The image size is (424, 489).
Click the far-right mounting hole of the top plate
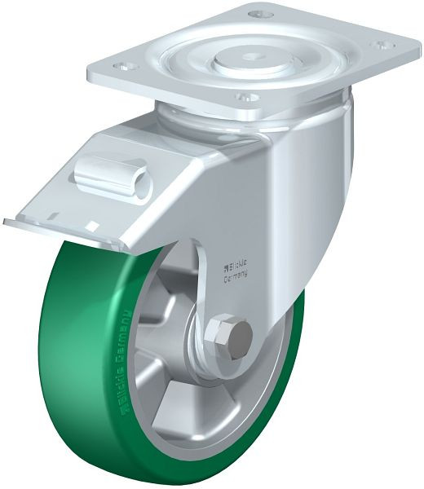pos(379,46)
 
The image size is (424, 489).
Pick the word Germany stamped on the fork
pos(236,276)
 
